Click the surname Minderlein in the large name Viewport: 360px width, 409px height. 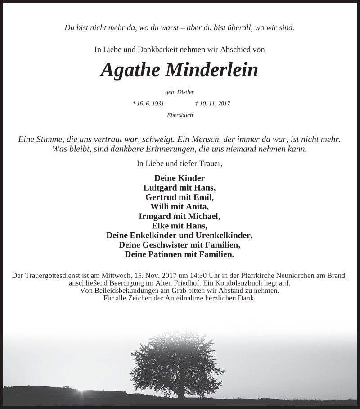pyautogui.click(x=212, y=70)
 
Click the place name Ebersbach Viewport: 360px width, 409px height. pyautogui.click(x=180, y=115)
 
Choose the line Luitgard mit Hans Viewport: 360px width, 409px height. pyautogui.click(x=180, y=187)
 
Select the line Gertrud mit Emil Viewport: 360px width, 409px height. pyautogui.click(x=180, y=197)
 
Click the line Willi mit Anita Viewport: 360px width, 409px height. pyautogui.click(x=180, y=206)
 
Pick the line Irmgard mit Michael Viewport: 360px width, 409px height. pyautogui.click(x=180, y=216)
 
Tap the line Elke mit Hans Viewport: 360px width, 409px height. pyautogui.click(x=180, y=225)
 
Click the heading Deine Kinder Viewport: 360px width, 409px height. pyautogui.click(x=180, y=178)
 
